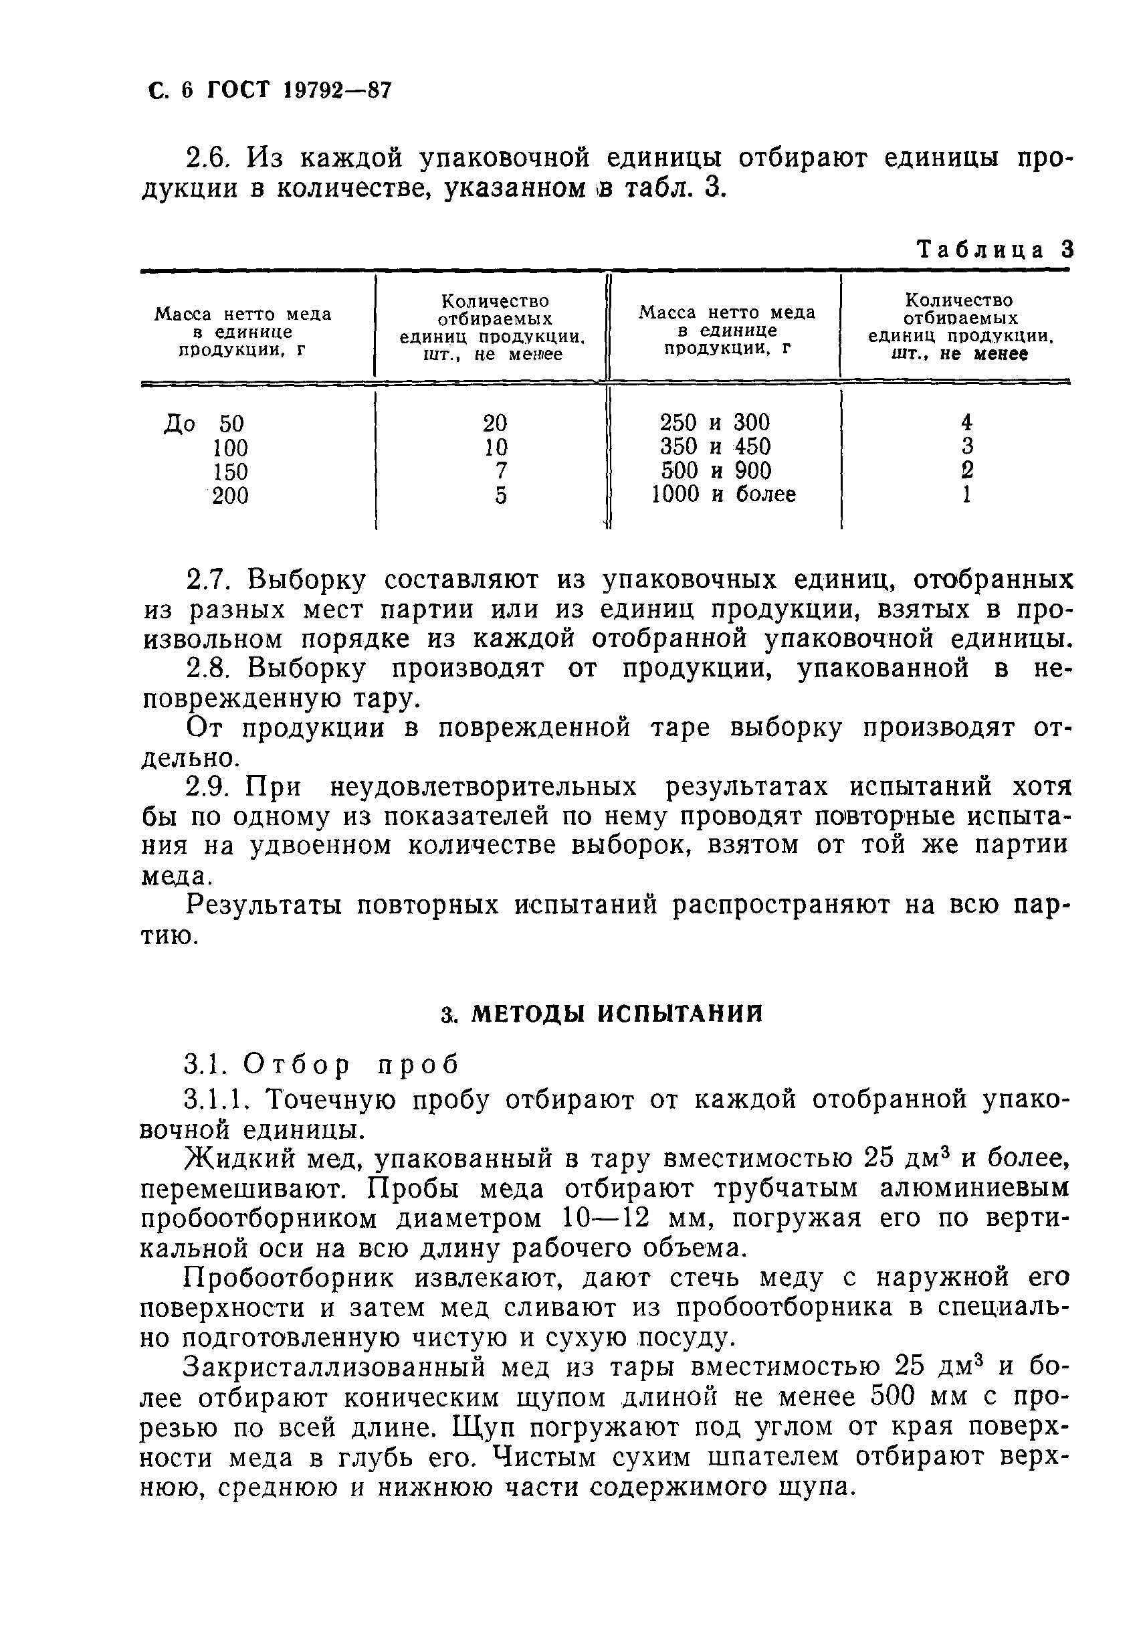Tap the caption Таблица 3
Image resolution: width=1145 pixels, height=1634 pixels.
994,250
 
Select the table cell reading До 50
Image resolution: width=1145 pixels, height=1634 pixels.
204,424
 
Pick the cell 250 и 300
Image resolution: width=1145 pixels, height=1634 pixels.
714,423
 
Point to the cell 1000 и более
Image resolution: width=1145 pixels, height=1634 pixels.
723,494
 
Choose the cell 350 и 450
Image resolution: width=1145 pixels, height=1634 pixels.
715,447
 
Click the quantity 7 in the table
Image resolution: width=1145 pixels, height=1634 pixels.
501,471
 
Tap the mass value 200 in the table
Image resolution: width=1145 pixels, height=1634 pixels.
229,495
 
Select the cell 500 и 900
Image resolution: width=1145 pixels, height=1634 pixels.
716,470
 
